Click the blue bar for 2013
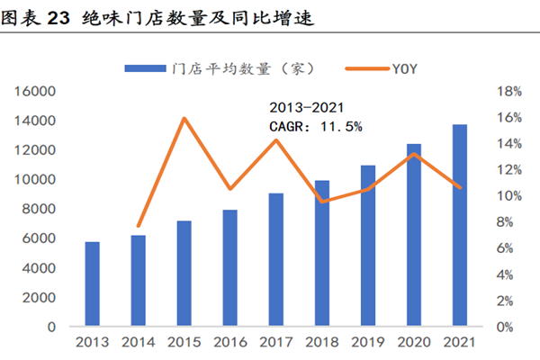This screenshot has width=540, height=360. [93, 284]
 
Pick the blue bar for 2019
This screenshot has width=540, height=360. [367, 246]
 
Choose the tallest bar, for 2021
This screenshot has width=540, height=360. [459, 225]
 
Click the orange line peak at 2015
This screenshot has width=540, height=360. [184, 118]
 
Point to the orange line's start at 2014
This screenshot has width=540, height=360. [139, 226]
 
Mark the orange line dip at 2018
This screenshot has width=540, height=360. [321, 202]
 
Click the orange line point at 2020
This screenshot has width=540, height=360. [413, 153]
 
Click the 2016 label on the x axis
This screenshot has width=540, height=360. [229, 343]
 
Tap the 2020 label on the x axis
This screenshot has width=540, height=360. [413, 343]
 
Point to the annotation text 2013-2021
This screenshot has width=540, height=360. [306, 109]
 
